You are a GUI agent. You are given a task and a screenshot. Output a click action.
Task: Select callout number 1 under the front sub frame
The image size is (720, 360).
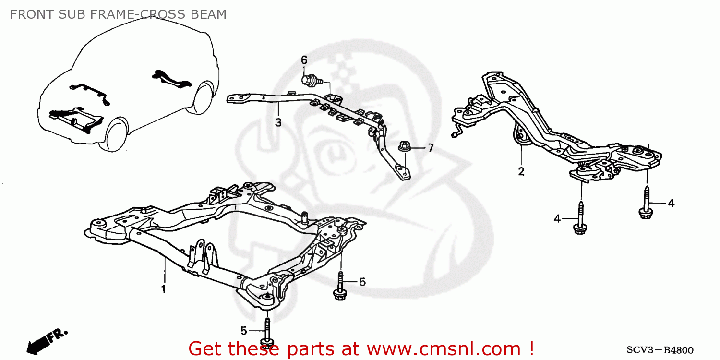pyautogui.click(x=163, y=289)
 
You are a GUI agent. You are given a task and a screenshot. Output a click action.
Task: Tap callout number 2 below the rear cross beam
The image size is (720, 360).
pyautogui.click(x=521, y=171)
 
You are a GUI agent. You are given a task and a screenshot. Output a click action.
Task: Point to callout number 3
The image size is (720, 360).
pyautogui.click(x=278, y=122)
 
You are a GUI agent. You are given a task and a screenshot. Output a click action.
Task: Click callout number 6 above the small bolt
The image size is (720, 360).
pyautogui.click(x=303, y=60)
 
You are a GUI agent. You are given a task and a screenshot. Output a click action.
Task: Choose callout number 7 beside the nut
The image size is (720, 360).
pyautogui.click(x=431, y=148)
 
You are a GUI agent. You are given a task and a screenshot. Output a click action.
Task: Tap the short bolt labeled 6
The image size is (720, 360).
pyautogui.click(x=310, y=80)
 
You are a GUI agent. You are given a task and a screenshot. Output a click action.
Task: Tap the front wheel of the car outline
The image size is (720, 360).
pyautogui.click(x=117, y=133)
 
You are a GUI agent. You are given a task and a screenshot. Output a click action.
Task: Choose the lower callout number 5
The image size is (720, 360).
pyautogui.click(x=243, y=330)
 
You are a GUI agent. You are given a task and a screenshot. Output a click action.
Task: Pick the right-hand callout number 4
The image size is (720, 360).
pyautogui.click(x=671, y=203)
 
